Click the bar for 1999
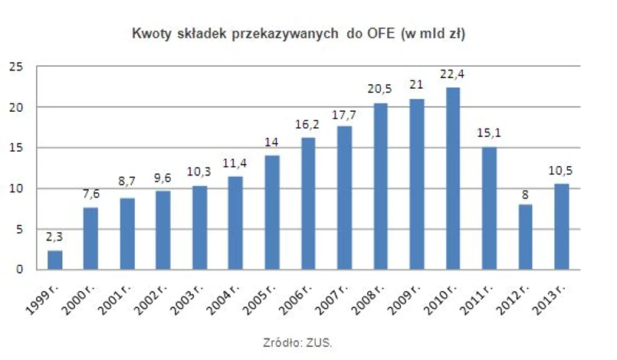pos(54,260)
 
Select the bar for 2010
pos(453,178)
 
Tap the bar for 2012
pos(526,237)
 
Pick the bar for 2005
pos(272,212)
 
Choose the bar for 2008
pos(381,186)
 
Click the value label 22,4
pos(453,74)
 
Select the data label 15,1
pos(490,134)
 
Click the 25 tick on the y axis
pos(23,67)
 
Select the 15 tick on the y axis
pos(23,148)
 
